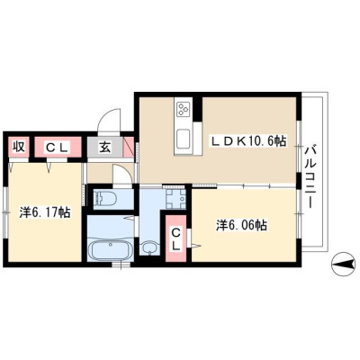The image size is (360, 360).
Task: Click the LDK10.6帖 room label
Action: (x=248, y=141)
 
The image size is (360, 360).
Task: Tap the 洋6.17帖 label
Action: (x=45, y=212)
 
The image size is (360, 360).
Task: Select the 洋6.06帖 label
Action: (x=242, y=225)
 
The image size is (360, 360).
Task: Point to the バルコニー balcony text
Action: (x=310, y=176)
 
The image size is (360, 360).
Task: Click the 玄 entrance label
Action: (x=105, y=147)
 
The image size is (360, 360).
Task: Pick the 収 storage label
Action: (x=18, y=147)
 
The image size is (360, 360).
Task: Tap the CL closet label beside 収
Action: (x=58, y=147)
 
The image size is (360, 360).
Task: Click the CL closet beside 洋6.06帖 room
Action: (x=175, y=239)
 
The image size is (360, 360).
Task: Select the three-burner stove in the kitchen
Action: (x=183, y=110)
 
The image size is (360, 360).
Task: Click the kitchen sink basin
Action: (x=183, y=139)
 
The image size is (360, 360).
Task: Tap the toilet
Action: (x=105, y=198)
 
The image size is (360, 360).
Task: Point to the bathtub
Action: (x=111, y=249)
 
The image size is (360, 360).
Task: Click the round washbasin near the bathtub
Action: (x=148, y=247)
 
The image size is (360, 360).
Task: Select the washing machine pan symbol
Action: (x=175, y=198)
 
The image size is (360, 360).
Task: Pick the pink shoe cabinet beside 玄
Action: (x=129, y=147)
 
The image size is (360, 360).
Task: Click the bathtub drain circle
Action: (x=111, y=245)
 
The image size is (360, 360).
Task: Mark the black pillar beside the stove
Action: (x=197, y=109)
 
